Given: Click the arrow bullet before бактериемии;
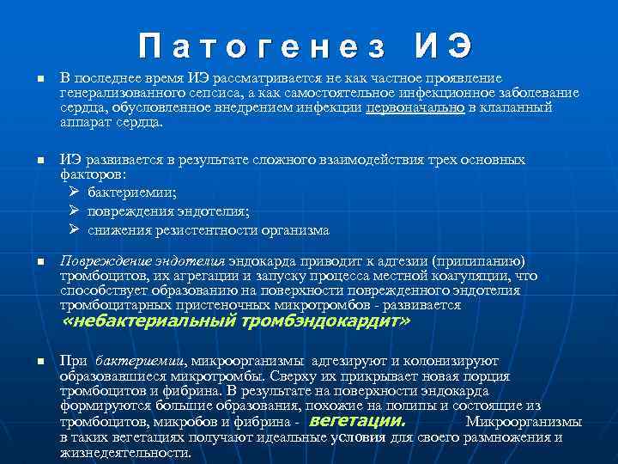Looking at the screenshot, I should click(73, 192).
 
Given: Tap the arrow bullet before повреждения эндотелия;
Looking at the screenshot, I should click(73, 211).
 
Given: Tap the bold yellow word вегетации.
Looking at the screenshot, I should click(355, 422).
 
